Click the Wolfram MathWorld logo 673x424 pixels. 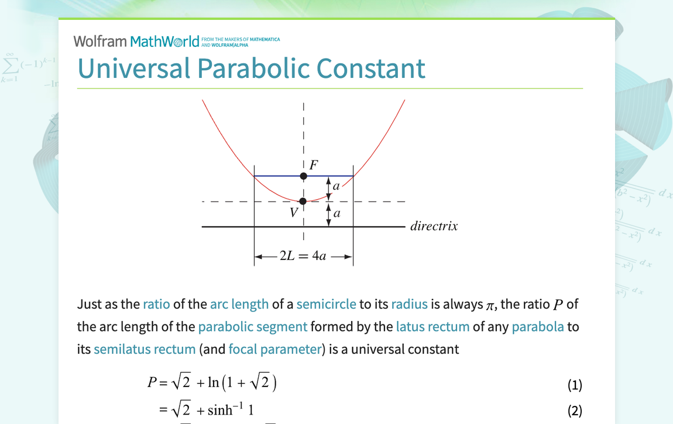coord(140,41)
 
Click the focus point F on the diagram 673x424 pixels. coord(303,176)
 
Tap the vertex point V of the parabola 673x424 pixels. coord(303,201)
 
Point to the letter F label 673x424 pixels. coord(314,165)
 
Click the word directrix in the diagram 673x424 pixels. coord(434,226)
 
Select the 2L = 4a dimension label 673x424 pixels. coord(303,257)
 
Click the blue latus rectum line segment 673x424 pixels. coord(275,176)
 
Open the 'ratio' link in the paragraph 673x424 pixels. coord(156,304)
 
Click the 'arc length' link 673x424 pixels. coord(239,304)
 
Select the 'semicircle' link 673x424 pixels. coord(326,304)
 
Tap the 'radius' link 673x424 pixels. coord(409,304)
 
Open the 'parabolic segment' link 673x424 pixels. coord(252,327)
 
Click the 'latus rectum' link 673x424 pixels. coord(432,327)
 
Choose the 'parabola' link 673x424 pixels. coord(538,327)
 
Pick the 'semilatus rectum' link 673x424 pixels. coord(145,350)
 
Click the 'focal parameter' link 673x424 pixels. coord(275,350)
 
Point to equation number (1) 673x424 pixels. coord(575,385)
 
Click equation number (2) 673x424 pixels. coord(575,411)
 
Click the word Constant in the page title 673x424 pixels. coord(371,68)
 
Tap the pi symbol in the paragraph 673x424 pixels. coord(491,305)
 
